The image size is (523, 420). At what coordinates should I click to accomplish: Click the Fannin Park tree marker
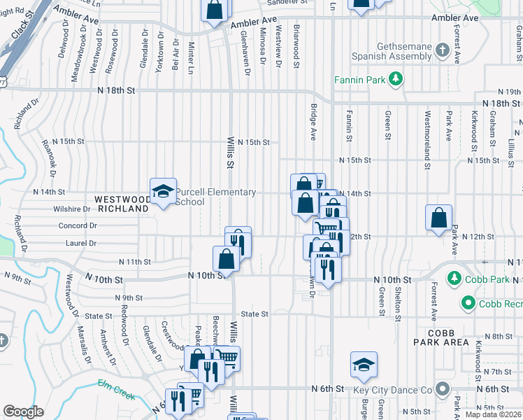point(396,79)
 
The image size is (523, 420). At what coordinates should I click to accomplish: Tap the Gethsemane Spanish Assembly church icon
point(442,50)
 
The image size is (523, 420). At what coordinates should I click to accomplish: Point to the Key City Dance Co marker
point(442,388)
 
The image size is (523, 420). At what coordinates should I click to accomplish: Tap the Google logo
point(23,412)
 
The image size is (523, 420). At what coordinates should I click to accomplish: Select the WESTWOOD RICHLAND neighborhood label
point(124,204)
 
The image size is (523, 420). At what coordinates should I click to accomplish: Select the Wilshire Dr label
point(72,209)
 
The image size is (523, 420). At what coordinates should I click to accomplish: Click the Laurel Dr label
point(81,243)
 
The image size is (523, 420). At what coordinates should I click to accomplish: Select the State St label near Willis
point(255,314)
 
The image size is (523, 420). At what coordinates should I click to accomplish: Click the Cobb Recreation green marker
point(467,303)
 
